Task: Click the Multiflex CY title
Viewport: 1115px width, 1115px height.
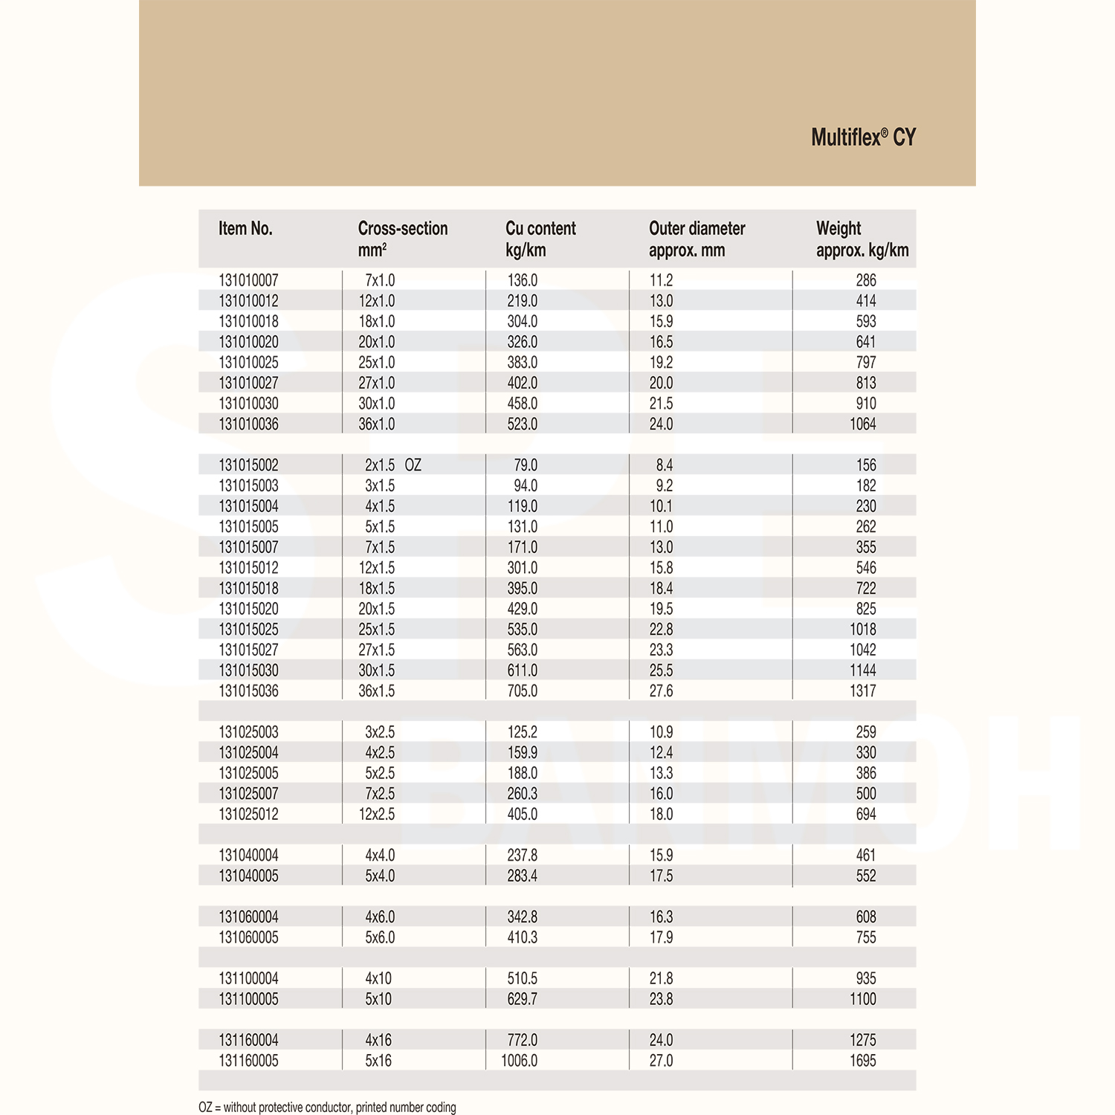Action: coord(863,138)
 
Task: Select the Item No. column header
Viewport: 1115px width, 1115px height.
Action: coord(245,229)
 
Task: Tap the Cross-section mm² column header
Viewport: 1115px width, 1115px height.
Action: coord(402,239)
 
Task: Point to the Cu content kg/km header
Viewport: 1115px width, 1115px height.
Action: coord(540,239)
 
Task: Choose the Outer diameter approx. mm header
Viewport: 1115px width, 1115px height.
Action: coord(697,239)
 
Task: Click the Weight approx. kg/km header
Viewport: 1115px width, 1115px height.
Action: coord(862,239)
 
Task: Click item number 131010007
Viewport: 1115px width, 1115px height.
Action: coord(248,281)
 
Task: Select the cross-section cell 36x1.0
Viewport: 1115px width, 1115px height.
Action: coord(377,424)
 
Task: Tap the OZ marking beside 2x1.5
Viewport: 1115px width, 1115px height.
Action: coord(413,465)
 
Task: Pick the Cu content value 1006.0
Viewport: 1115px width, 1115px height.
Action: coord(519,1061)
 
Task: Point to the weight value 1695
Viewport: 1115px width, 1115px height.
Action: coord(863,1061)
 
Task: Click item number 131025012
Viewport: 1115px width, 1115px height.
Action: coord(248,815)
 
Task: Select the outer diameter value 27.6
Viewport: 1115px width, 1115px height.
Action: coord(661,691)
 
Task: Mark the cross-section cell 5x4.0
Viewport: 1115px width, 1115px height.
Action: coord(380,876)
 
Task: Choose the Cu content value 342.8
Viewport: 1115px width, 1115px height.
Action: coord(522,917)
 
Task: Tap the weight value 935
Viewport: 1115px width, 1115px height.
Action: coord(866,979)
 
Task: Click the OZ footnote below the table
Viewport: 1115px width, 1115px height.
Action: coord(327,1108)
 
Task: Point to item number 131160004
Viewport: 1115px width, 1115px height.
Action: coord(248,1041)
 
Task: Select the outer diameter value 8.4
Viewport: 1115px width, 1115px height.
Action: coord(664,465)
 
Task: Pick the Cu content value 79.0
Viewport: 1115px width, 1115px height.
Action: coord(526,465)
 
